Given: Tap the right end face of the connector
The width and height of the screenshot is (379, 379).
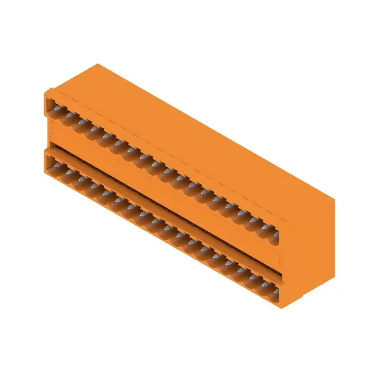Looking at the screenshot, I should click(308, 246).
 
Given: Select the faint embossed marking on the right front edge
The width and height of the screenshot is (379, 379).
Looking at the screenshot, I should click(281, 258).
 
